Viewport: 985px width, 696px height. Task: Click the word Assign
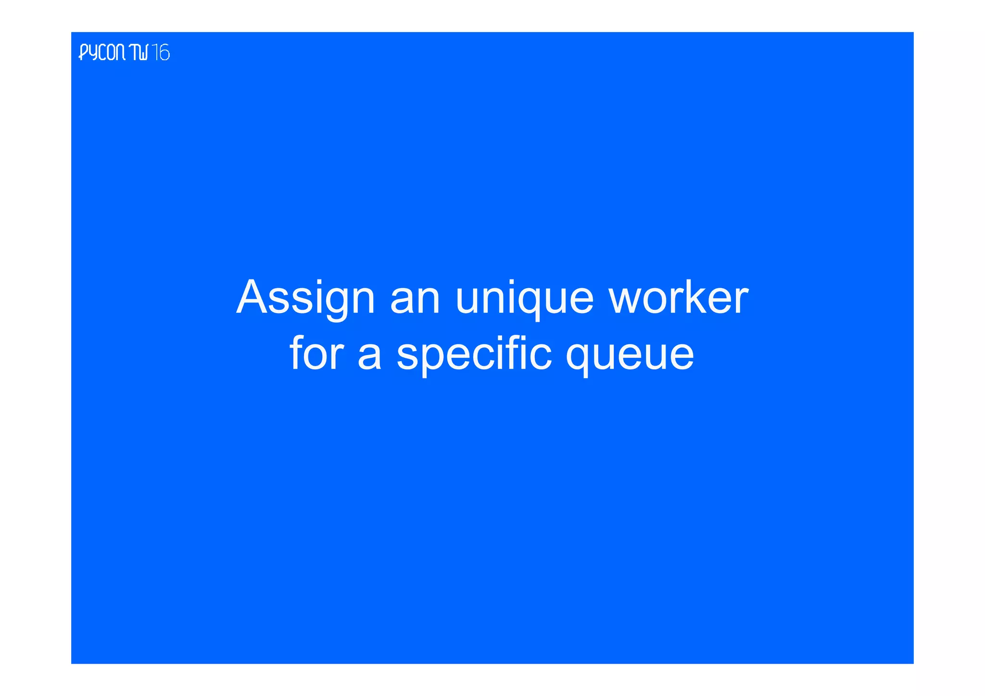305,298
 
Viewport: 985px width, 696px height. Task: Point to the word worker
678,298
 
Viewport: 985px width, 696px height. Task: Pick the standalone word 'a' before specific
369,356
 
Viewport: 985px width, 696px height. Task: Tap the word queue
630,356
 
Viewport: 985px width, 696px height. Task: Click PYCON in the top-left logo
102,52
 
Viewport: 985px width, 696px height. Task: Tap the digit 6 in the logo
164,52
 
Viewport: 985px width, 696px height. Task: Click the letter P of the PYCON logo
84,52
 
